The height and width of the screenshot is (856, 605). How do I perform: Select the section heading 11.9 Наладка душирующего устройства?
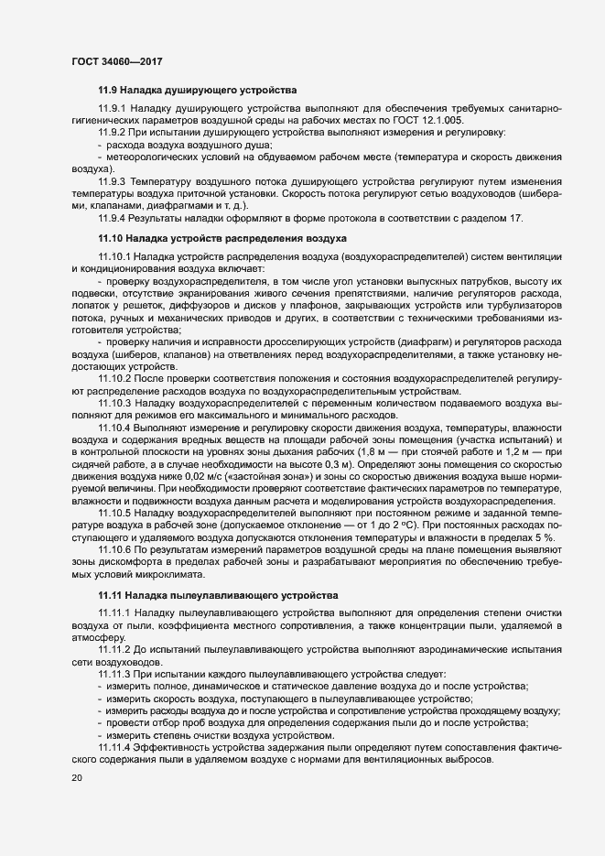tap(196, 91)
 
